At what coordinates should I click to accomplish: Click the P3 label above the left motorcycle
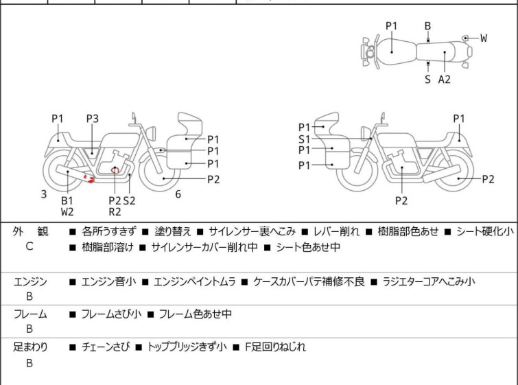tap(93, 119)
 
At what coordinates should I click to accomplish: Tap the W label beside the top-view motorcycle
tap(484, 38)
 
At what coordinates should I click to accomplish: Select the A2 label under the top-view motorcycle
tap(445, 79)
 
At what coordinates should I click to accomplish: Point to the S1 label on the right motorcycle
tap(304, 139)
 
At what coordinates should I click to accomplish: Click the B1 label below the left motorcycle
tap(67, 200)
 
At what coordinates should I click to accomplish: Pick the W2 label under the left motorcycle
tap(67, 212)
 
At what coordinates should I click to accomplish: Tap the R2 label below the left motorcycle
tap(115, 212)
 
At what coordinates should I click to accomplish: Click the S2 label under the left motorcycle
tap(129, 200)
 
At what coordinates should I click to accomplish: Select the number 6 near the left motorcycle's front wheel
tap(178, 194)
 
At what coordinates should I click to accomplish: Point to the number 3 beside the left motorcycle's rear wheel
tap(44, 194)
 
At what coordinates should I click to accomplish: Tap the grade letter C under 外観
tap(30, 246)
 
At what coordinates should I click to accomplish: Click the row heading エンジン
tap(30, 281)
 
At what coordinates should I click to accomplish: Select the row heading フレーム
tap(30, 314)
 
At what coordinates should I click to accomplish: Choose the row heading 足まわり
tap(30, 347)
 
